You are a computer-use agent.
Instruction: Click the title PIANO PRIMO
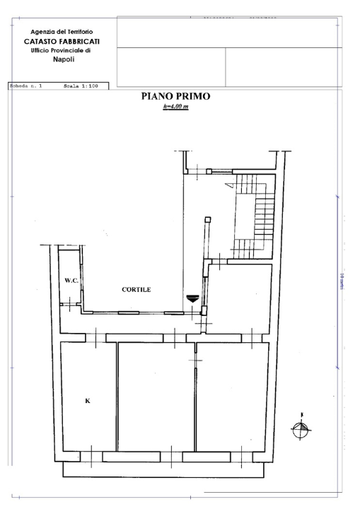pos(175,97)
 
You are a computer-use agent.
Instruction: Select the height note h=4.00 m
pos(175,107)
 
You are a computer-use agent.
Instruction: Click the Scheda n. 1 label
pos(25,86)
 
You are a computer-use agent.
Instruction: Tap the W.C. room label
pos(71,281)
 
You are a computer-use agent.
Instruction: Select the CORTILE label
pos(136,289)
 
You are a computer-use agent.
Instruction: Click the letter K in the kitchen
pos(87,401)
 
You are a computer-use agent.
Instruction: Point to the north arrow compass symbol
pos(301,426)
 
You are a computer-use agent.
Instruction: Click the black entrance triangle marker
pos(192,299)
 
